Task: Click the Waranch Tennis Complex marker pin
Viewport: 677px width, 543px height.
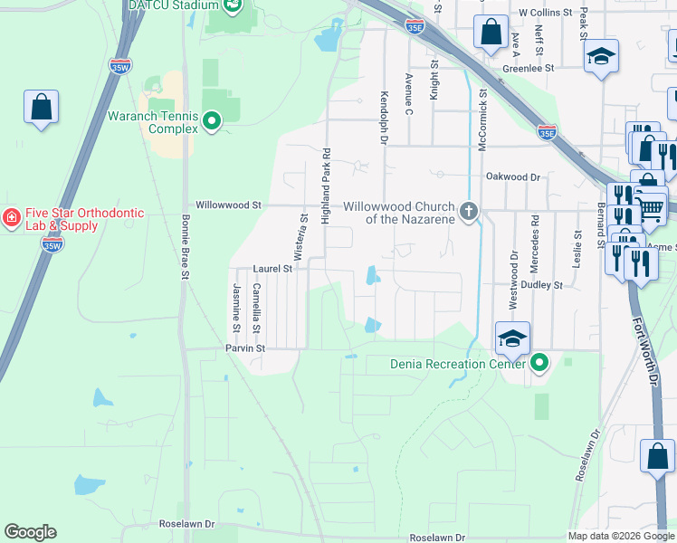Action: click(212, 120)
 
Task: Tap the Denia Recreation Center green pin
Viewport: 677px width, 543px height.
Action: click(539, 364)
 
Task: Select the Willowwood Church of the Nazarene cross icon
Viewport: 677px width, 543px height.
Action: click(468, 211)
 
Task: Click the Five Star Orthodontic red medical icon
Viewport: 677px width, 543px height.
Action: click(11, 218)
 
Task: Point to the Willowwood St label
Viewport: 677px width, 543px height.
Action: click(228, 205)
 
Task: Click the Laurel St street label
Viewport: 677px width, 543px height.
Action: click(272, 269)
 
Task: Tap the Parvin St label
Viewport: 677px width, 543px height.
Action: click(244, 348)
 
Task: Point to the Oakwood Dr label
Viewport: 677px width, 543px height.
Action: click(513, 177)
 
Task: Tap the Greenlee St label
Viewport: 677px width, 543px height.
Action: click(529, 68)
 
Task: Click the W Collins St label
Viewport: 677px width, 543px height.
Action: click(546, 13)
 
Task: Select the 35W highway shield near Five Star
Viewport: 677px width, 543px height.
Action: click(52, 244)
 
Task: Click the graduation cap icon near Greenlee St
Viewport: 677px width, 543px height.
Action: click(601, 57)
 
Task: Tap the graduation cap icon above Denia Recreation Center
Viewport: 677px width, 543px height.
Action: click(511, 338)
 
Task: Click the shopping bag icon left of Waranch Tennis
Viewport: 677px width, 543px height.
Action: click(41, 107)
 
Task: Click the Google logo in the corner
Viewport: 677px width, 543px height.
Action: click(30, 532)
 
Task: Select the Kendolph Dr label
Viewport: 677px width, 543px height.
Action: click(384, 117)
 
